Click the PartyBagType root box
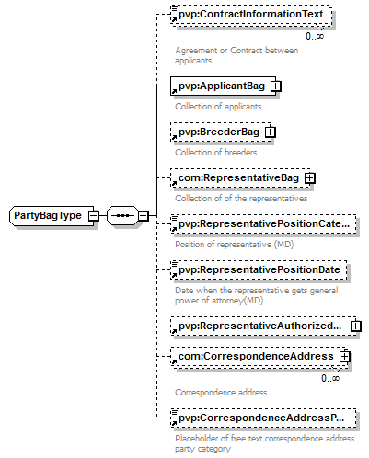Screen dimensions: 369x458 coord(52,216)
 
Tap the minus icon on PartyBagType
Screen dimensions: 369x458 coord(94,216)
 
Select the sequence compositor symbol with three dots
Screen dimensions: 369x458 coord(122,216)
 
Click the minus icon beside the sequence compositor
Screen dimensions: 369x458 coord(144,216)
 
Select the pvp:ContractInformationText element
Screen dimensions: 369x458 coord(251,15)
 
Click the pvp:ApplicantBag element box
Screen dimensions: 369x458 coord(223,86)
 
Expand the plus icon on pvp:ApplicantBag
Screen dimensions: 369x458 coord(275,86)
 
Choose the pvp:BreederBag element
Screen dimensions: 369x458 coord(220,132)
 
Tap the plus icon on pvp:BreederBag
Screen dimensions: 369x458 coord(271,132)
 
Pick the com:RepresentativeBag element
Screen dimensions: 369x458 coord(240,178)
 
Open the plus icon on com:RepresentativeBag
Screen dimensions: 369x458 coord(310,178)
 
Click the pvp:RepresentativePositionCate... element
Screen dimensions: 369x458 coord(263,224)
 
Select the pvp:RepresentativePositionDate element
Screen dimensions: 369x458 coord(259,270)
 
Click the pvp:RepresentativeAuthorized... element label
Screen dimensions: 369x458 coord(259,326)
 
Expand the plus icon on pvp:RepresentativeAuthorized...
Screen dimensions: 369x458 coord(356,326)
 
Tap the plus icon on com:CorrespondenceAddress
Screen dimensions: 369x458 coord(345,356)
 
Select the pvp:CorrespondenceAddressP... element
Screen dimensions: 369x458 coord(263,418)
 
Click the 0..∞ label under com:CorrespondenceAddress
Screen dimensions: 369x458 coord(330,378)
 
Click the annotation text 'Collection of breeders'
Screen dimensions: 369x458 coord(216,153)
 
